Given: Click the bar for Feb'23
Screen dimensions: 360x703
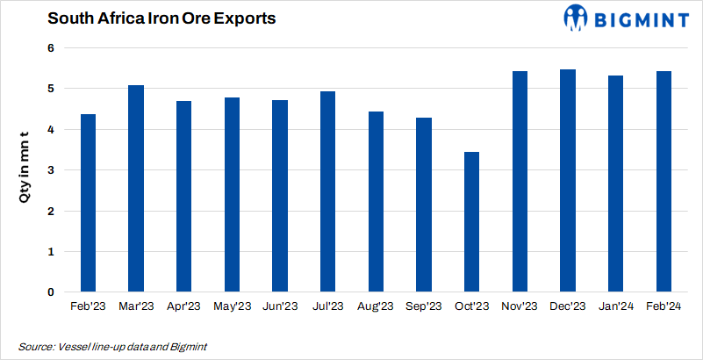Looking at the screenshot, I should coord(88,203).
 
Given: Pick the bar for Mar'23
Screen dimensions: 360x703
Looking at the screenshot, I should coord(136,189).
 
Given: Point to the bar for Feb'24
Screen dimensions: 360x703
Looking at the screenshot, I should coord(664,182).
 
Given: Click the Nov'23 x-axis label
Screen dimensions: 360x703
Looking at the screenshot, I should coord(520,306).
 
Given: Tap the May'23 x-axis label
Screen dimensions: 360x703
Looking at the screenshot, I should coord(232,306).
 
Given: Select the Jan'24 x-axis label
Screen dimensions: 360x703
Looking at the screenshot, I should coord(616,306).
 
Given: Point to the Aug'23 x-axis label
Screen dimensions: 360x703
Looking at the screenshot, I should coord(376,306).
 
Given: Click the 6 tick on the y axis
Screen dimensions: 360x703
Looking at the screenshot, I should coord(52,48).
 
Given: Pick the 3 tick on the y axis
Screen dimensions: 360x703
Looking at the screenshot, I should coord(52,170).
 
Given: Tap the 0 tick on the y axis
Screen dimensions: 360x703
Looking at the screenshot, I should coord(52,292).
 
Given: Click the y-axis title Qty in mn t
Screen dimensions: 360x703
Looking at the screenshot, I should coord(25,167).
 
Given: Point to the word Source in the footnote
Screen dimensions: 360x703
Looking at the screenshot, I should coord(35,347).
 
